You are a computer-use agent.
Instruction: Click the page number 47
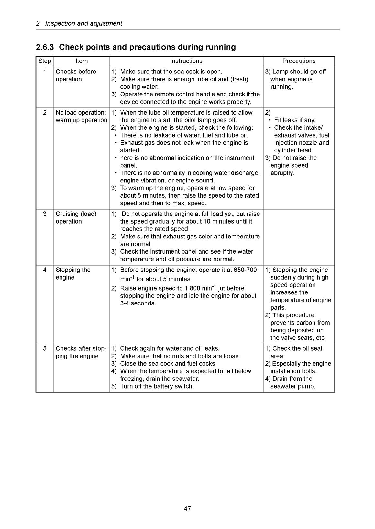(187, 509)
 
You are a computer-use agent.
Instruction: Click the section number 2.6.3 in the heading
(45, 47)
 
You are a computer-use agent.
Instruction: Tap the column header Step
(45, 61)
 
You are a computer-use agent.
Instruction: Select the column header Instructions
(186, 61)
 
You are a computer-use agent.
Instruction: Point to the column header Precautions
(299, 61)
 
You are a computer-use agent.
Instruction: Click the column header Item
(81, 61)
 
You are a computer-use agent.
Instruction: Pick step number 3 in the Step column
(45, 214)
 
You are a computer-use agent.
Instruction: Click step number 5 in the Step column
(45, 348)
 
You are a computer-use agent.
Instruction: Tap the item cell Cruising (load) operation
(76, 218)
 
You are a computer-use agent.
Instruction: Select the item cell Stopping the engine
(73, 274)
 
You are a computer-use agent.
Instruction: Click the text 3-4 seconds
(138, 303)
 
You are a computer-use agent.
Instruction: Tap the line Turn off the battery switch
(157, 386)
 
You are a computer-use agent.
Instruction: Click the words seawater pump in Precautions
(292, 386)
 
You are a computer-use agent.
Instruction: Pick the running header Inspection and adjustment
(83, 23)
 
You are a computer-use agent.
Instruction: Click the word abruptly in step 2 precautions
(282, 173)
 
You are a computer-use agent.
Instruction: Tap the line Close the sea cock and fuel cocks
(168, 364)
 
